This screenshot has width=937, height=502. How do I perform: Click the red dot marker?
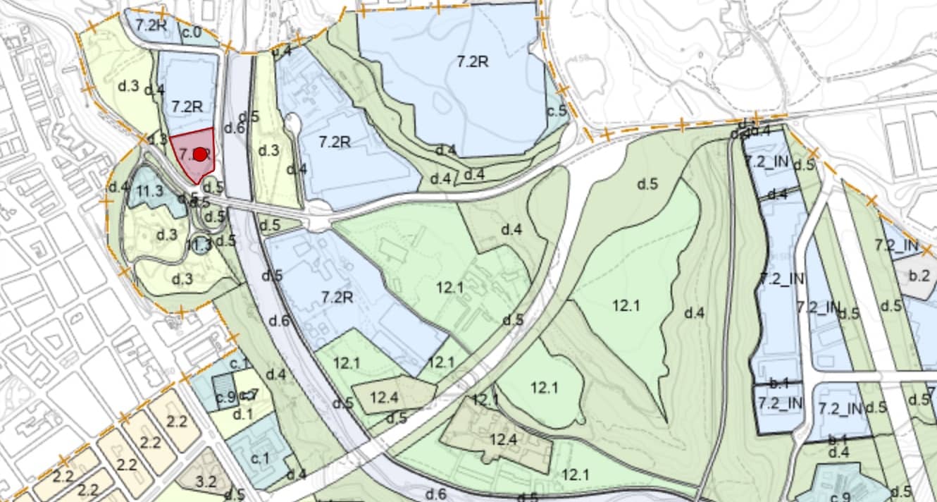pyautogui.click(x=200, y=154)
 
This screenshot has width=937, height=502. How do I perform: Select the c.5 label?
pyautogui.click(x=557, y=111)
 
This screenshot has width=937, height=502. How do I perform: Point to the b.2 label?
pyautogui.click(x=919, y=275)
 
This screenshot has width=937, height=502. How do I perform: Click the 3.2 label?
pyautogui.click(x=206, y=482)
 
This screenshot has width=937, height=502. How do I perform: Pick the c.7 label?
pyautogui.click(x=249, y=395)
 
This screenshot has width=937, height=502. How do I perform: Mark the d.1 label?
pyautogui.click(x=242, y=414)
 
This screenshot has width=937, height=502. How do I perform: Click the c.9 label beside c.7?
pyautogui.click(x=226, y=397)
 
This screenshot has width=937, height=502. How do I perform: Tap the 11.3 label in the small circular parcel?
pyautogui.click(x=200, y=245)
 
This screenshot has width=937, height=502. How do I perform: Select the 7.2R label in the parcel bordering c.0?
pyautogui.click(x=150, y=23)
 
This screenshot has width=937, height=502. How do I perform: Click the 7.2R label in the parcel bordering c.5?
pyautogui.click(x=472, y=61)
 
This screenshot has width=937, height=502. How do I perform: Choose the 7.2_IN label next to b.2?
pyautogui.click(x=896, y=245)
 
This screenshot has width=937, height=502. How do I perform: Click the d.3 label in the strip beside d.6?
pyautogui.click(x=268, y=150)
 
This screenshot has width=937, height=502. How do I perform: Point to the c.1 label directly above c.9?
pyautogui.click(x=240, y=364)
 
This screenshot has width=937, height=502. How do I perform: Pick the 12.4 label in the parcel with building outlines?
pyautogui.click(x=503, y=440)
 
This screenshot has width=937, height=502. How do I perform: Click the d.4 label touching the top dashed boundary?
pyautogui.click(x=282, y=51)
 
